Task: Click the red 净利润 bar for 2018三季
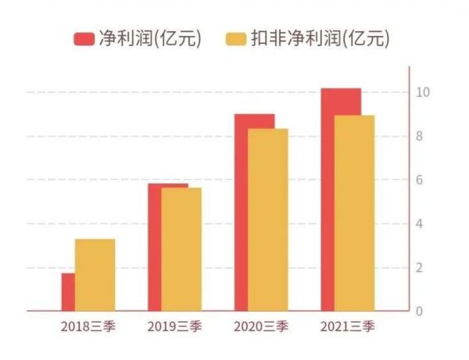[68, 292]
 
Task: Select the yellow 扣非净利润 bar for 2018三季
[95, 275]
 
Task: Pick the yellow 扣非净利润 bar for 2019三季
[182, 250]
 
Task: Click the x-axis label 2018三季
[88, 326]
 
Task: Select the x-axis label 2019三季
[174, 326]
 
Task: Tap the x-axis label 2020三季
[261, 326]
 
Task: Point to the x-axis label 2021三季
[347, 326]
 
